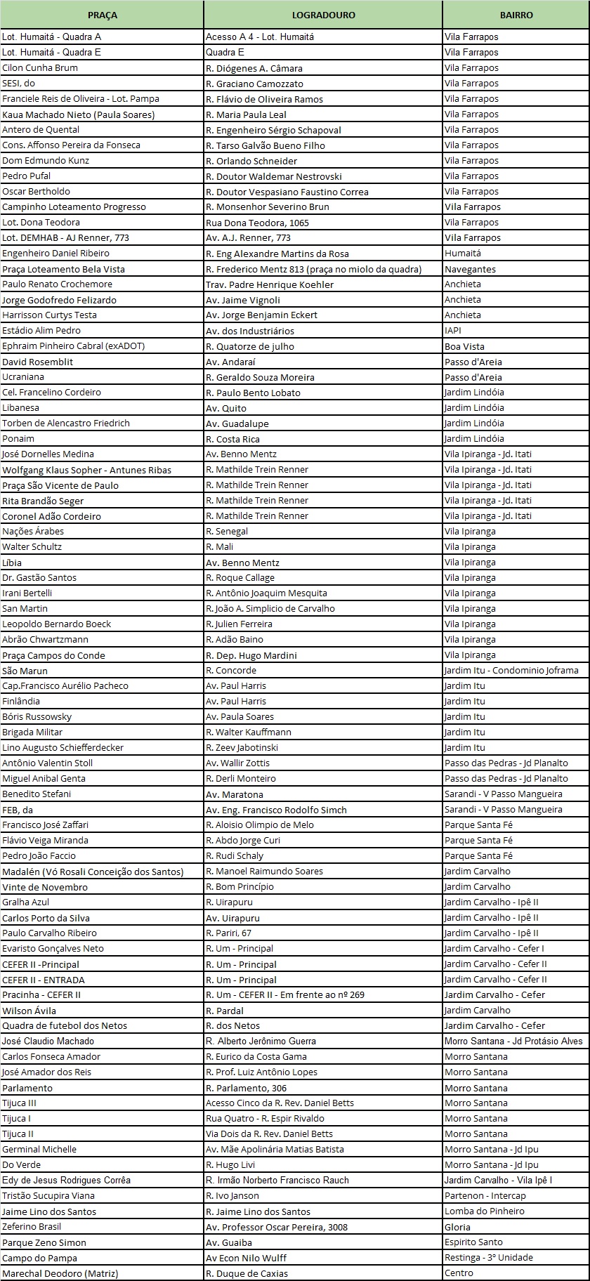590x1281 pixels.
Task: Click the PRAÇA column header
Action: coord(102,15)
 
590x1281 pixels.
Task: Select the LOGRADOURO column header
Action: coord(323,15)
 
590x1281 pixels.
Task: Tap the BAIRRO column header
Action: coord(516,15)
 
